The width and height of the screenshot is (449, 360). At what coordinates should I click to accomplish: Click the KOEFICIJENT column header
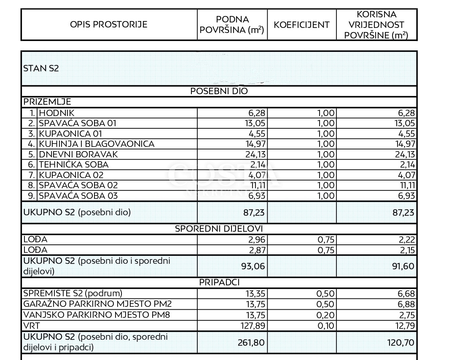tap(301, 24)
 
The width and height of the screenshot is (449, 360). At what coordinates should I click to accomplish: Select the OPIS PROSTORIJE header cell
tap(109, 24)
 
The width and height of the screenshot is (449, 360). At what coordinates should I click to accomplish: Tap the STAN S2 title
tap(41, 68)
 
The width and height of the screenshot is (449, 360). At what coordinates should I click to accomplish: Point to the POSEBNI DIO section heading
tap(219, 91)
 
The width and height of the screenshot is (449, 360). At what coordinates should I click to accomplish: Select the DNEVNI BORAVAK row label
tap(78, 154)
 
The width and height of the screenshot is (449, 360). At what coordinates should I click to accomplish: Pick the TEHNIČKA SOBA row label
tap(74, 165)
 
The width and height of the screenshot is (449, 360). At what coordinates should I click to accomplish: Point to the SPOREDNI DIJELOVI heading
tap(219, 229)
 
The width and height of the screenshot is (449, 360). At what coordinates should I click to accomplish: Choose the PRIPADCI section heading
tap(219, 282)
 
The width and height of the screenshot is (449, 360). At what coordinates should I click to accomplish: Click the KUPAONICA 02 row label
tap(71, 175)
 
